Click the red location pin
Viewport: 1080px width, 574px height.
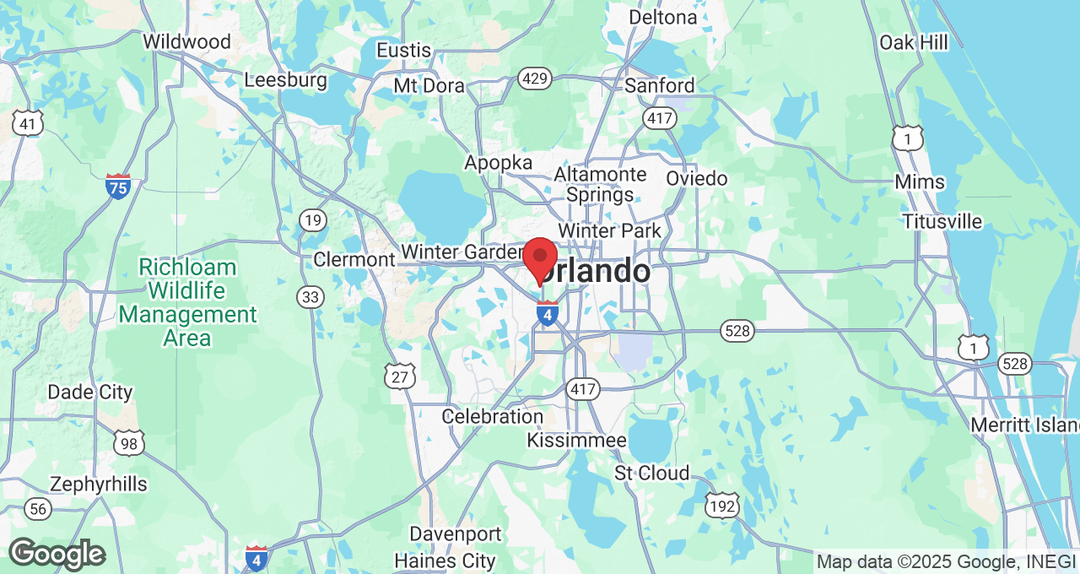coord(540,258)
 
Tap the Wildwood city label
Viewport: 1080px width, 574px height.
coord(186,41)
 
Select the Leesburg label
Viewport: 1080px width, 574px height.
coord(285,80)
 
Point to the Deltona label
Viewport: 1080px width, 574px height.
coord(663,17)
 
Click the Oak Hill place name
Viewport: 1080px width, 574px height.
coord(913,42)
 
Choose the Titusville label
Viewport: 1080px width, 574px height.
coord(942,221)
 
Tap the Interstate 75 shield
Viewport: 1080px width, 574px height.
coord(118,186)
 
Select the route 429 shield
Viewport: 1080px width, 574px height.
coord(535,79)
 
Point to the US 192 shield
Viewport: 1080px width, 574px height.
coord(723,506)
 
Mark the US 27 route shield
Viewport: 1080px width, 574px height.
coord(399,376)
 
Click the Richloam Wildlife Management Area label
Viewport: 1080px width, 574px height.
coord(187,303)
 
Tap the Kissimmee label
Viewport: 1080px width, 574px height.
coord(576,441)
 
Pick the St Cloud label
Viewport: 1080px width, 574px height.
coord(651,473)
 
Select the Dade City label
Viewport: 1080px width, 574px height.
coord(90,392)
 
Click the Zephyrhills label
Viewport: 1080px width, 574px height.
coord(99,485)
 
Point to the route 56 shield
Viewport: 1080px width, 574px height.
coord(37,508)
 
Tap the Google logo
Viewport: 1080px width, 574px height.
coord(57,554)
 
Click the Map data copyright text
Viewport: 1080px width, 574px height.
coord(946,561)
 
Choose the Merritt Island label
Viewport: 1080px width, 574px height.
coord(1024,425)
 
